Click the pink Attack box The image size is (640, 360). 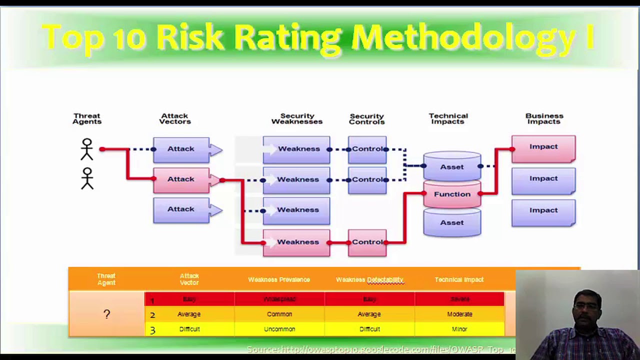[x=181, y=179]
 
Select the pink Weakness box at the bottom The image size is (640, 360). [x=296, y=242]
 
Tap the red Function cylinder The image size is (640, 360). [x=452, y=194]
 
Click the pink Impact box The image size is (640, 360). [x=543, y=147]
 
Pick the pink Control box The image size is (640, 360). [x=367, y=242]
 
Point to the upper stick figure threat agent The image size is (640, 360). [x=87, y=149]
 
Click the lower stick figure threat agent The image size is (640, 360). [x=87, y=178]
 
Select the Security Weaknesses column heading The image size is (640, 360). [x=297, y=118]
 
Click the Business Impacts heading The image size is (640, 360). [x=544, y=118]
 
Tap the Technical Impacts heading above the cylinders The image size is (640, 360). [x=448, y=118]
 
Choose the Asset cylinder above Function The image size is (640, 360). [x=452, y=166]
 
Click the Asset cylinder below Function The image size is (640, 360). [x=452, y=222]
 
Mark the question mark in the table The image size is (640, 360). [x=106, y=314]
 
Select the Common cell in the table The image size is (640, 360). [x=279, y=314]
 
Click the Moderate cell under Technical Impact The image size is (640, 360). [x=459, y=314]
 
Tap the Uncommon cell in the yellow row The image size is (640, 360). [x=279, y=329]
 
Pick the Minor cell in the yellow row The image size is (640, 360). [x=459, y=329]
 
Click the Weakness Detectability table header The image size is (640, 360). [x=369, y=279]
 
